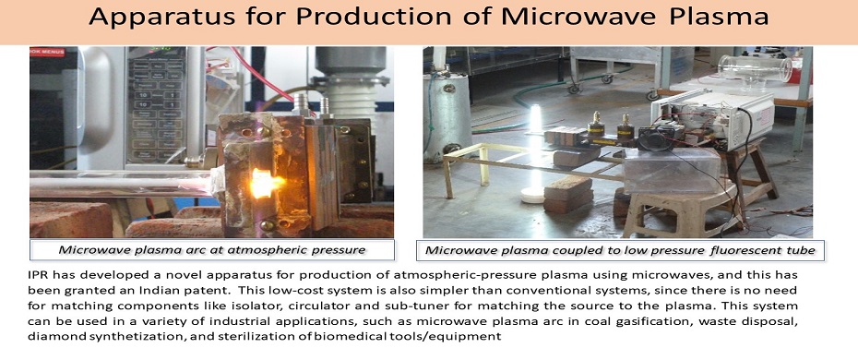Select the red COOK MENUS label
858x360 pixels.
47,52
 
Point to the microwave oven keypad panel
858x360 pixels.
156,105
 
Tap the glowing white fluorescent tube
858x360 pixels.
535,147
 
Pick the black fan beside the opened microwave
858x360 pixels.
656,139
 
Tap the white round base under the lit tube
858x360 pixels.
532,194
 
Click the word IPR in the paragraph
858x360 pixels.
37,274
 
